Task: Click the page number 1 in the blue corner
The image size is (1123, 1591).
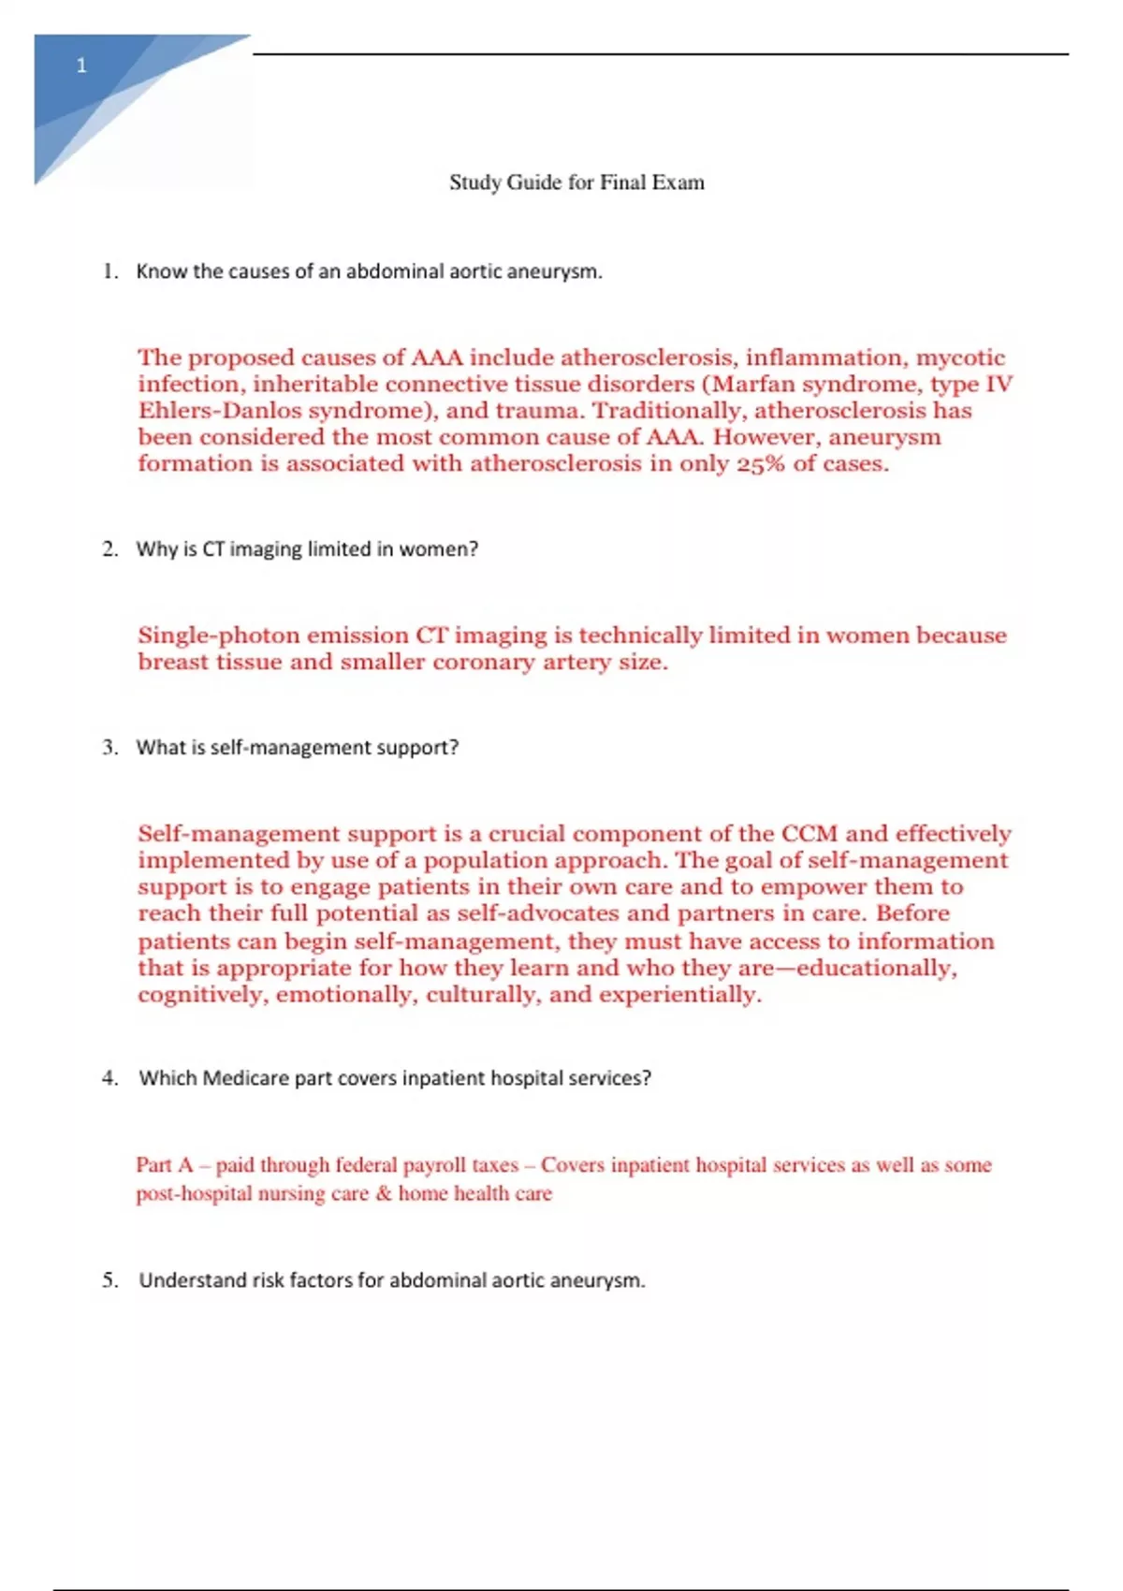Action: [x=81, y=66]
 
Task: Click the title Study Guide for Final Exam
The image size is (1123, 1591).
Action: [x=576, y=182]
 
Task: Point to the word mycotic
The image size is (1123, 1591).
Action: [x=960, y=358]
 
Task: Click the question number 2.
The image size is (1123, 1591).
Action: [x=109, y=549]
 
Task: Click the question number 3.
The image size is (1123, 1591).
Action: [x=109, y=748]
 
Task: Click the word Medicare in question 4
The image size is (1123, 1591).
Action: [x=245, y=1078]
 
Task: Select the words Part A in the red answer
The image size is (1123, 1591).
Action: [x=165, y=1165]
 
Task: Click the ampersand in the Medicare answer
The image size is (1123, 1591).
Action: [x=384, y=1194]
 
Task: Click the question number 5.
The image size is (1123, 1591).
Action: [x=109, y=1280]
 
